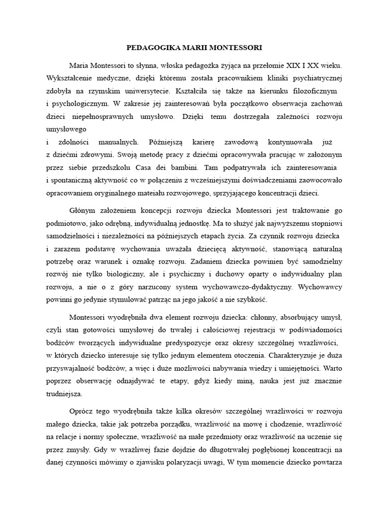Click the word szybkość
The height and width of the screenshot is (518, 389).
click(x=249, y=299)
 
